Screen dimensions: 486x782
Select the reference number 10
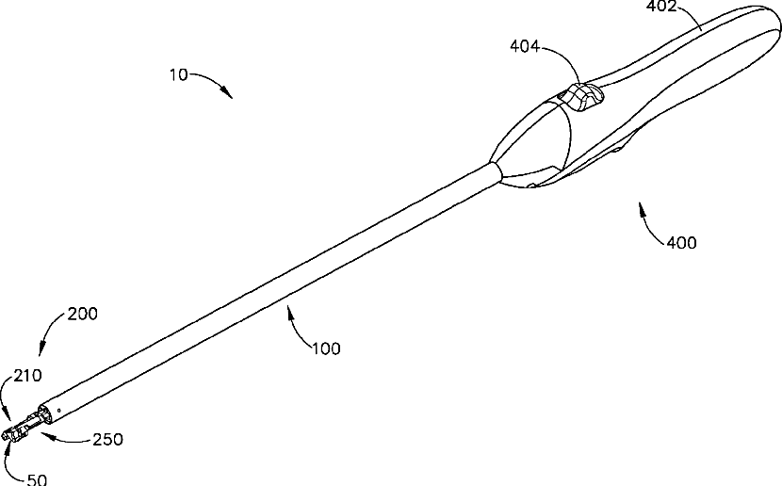tap(179, 75)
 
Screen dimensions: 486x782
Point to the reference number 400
tap(681, 243)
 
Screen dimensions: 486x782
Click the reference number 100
tap(325, 348)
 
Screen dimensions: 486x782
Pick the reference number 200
tap(81, 315)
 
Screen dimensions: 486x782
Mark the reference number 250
tap(107, 439)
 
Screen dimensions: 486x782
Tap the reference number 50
tap(37, 478)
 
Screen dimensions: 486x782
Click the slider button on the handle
tap(580, 97)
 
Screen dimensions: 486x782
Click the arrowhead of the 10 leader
tap(230, 95)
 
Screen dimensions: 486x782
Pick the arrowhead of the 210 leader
tap(9, 415)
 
